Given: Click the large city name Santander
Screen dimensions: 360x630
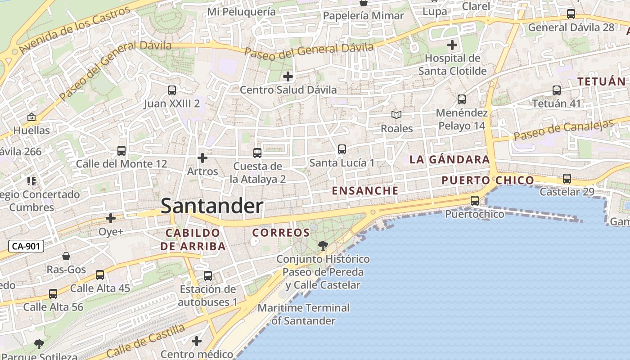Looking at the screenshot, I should [211, 206].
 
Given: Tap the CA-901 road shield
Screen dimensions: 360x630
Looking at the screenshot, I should [26, 246].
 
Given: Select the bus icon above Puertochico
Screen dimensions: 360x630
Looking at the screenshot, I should [475, 201].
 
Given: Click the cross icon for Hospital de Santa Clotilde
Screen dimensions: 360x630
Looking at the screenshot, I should [452, 45].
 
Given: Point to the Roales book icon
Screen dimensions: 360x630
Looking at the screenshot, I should [396, 115].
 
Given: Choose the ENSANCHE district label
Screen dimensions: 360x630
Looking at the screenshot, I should [365, 190].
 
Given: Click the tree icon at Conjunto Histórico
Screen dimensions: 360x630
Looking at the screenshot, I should [323, 245].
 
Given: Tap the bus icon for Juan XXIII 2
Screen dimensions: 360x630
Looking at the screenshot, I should [172, 90].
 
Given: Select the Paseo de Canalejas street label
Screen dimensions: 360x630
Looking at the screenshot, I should [563, 130].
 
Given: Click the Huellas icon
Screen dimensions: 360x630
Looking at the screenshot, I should [31, 117].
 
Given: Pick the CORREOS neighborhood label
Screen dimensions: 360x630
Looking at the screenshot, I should [281, 233].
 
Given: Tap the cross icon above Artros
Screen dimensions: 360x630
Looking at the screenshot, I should [202, 158].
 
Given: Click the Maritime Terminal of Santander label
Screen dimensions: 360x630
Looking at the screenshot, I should [303, 314].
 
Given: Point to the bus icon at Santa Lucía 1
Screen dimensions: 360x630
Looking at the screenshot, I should [342, 149].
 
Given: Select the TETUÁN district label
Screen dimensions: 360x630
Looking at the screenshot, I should [602, 81].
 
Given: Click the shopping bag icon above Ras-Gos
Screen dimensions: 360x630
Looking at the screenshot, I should [66, 256].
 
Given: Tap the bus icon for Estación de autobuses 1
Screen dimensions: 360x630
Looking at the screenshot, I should [208, 276].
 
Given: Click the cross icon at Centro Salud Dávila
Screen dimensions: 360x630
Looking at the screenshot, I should [288, 76].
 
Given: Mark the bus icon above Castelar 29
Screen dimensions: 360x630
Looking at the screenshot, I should [567, 179].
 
